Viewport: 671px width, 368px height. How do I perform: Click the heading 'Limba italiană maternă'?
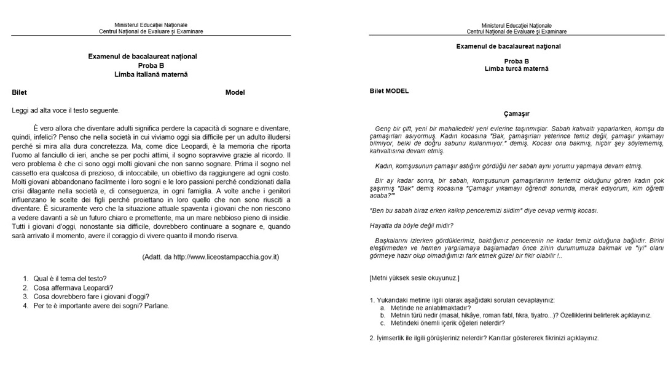pos(151,74)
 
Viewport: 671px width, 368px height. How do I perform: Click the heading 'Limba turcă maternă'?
pos(516,69)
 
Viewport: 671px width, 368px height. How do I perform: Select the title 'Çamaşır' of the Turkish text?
pos(516,114)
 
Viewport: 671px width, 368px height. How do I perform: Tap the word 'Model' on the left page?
pos(235,92)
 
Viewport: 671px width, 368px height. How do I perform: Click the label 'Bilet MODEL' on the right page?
pos(389,91)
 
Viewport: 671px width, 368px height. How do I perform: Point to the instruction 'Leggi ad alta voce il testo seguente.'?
pos(66,110)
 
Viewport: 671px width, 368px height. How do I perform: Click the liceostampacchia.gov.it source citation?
pos(210,257)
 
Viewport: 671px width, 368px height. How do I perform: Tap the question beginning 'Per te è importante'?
pos(101,305)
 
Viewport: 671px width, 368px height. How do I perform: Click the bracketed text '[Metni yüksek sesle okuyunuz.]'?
pos(414,278)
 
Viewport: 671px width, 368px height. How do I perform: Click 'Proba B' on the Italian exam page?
pos(151,65)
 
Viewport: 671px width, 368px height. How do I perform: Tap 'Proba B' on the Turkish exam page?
pos(516,61)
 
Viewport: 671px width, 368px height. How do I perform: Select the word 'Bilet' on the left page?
pos(20,92)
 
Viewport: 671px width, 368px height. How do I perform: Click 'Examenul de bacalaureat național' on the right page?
pos(508,46)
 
